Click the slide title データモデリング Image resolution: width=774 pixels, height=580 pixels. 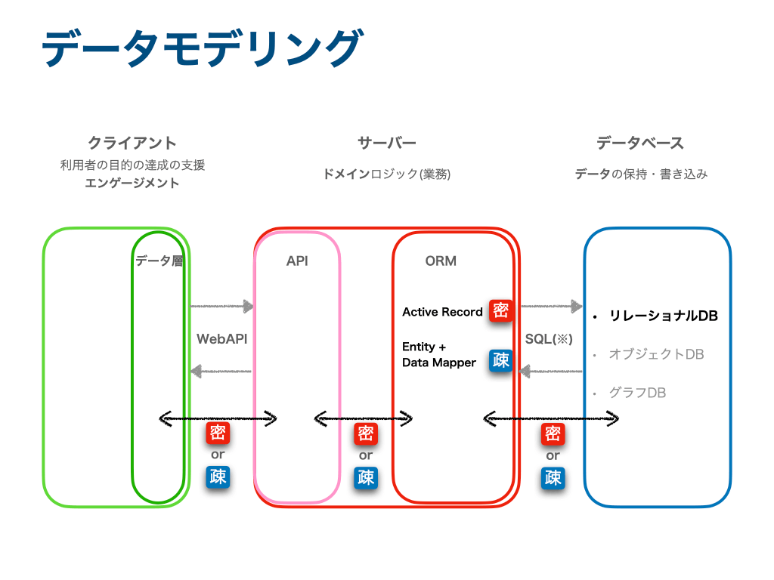tap(203, 48)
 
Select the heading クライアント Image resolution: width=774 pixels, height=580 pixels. tap(132, 143)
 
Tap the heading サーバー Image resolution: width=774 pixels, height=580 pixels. tap(387, 143)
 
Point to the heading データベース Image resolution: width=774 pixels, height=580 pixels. tap(640, 143)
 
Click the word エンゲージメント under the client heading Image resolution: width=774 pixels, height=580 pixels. tap(132, 183)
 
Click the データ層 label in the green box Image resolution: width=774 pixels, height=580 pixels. tap(159, 261)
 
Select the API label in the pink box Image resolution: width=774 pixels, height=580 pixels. tap(297, 261)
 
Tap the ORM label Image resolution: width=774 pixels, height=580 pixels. tap(441, 261)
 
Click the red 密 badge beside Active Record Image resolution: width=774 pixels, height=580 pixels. tap(500, 310)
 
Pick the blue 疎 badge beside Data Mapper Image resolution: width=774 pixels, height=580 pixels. tap(500, 360)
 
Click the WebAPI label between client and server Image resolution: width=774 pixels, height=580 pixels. tap(221, 339)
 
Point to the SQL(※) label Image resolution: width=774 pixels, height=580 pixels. tap(549, 339)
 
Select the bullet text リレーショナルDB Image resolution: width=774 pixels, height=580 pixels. tap(664, 316)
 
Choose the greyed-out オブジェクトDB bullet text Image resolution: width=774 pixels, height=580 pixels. tap(657, 354)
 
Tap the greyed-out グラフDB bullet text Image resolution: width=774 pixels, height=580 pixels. tap(638, 393)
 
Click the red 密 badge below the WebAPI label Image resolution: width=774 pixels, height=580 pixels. tap(218, 433)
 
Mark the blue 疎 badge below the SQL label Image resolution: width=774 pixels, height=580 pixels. tap(553, 477)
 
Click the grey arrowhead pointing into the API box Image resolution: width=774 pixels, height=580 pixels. tap(248, 307)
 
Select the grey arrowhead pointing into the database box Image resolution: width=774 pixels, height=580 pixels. tap(577, 307)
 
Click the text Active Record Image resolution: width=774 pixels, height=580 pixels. tap(442, 312)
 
